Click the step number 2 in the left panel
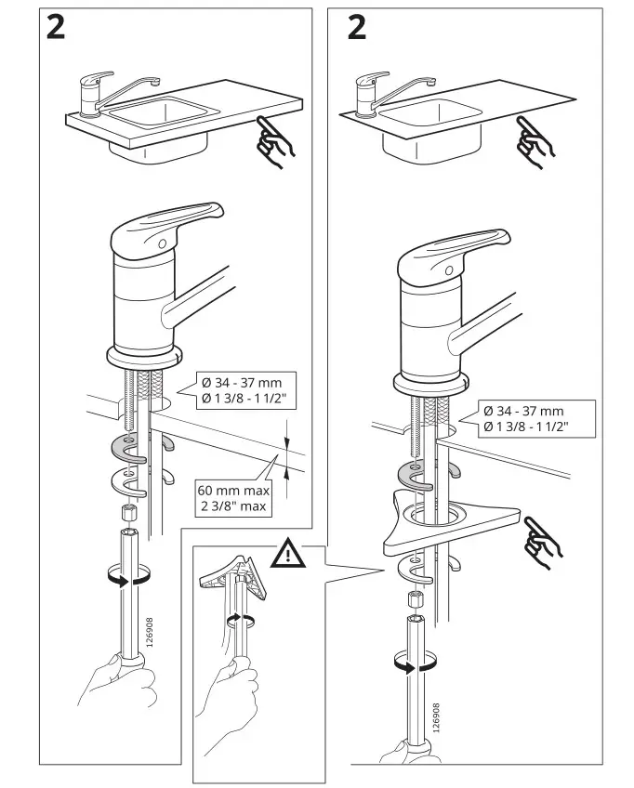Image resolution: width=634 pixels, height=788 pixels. (x=57, y=28)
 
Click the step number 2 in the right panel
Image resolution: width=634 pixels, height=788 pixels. (x=356, y=28)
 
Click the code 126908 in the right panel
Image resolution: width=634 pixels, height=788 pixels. (x=434, y=718)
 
